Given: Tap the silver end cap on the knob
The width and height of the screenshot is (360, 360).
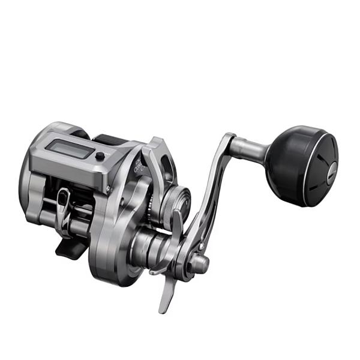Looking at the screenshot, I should point(324,172).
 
